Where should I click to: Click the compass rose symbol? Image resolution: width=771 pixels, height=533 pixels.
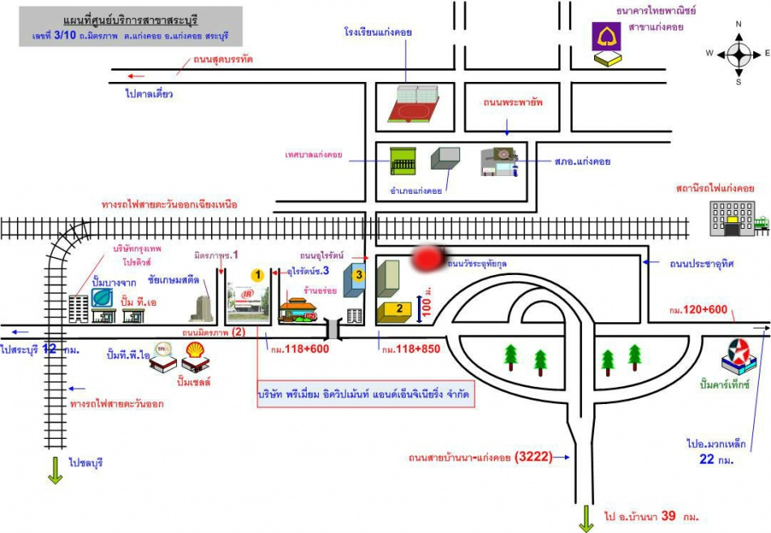[739, 54]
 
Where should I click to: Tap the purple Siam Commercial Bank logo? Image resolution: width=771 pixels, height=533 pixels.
[607, 37]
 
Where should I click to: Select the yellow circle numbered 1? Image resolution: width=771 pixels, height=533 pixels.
[257, 275]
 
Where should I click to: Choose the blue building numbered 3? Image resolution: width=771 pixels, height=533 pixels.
[358, 277]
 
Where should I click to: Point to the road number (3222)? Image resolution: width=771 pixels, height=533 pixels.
[532, 457]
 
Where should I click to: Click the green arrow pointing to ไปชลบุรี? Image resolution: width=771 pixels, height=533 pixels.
[55, 470]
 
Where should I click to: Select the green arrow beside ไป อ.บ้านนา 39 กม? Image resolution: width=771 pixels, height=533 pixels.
[585, 517]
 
